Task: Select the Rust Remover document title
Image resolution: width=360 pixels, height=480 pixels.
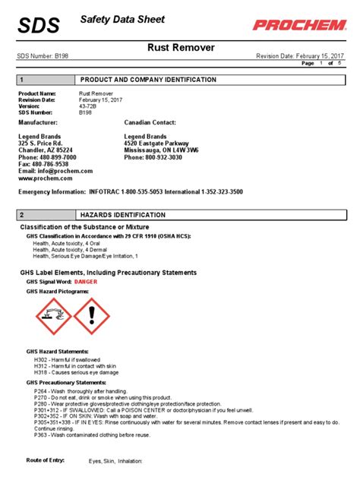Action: click(180, 48)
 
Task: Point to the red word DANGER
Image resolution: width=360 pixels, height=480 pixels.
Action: click(86, 281)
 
